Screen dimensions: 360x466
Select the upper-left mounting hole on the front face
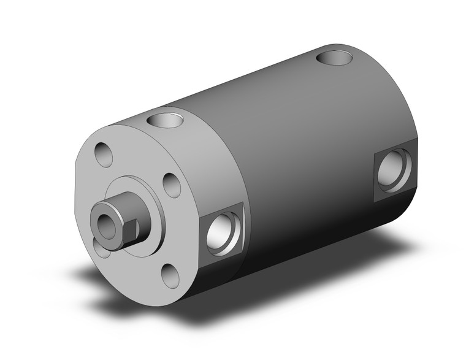tap(104, 153)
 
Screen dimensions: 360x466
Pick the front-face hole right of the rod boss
tap(172, 185)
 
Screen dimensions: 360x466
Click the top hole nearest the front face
tap(165, 118)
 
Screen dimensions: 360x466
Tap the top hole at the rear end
tap(335, 59)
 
